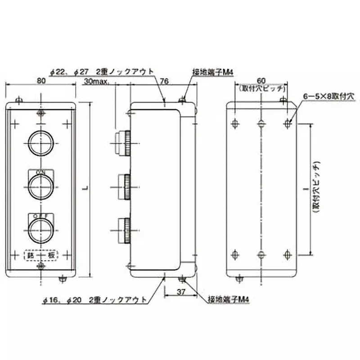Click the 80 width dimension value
pos(41,81)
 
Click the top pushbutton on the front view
pos(40,142)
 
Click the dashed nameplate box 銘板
pos(40,255)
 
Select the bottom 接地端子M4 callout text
pos(229,299)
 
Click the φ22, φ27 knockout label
pos(102,72)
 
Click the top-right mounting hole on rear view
pos(288,122)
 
